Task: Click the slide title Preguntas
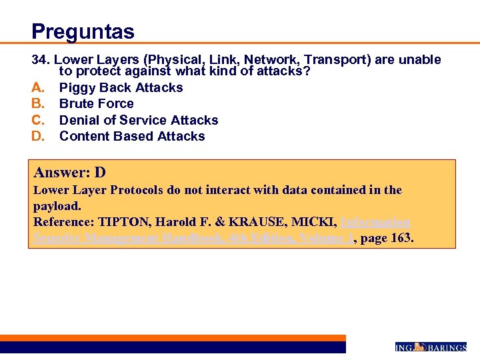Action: (x=83, y=31)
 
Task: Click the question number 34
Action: (x=41, y=60)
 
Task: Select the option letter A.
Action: (x=39, y=87)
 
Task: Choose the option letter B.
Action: (x=39, y=103)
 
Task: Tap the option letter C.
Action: (x=39, y=120)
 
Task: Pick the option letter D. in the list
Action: (x=39, y=136)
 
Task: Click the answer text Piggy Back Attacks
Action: (x=121, y=87)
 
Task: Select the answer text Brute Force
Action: (x=96, y=103)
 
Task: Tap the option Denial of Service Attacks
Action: (x=139, y=120)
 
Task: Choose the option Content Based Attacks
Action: (x=132, y=136)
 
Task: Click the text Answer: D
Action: (x=69, y=173)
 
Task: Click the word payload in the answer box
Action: (x=56, y=206)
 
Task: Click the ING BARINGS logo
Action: (x=430, y=347)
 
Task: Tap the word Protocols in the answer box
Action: (x=138, y=190)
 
